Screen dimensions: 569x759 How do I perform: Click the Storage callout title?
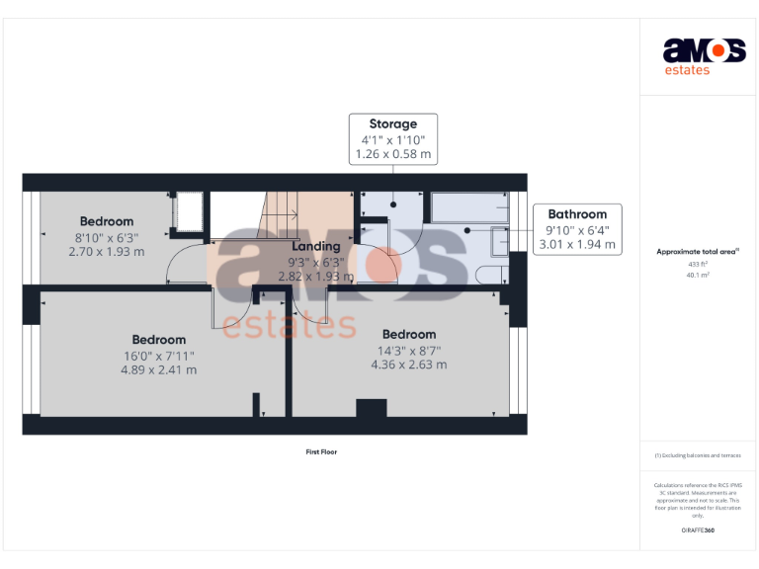tap(393, 123)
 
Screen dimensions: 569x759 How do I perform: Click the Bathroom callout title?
tap(577, 213)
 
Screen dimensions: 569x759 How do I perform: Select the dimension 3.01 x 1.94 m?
tap(577, 244)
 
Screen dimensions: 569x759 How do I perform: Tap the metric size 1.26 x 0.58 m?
tap(393, 154)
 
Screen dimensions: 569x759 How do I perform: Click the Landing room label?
tap(316, 246)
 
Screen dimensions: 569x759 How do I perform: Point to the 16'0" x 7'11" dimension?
tap(158, 356)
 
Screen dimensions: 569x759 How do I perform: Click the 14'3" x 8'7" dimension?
tap(409, 350)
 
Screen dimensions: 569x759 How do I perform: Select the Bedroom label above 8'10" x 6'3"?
tap(107, 221)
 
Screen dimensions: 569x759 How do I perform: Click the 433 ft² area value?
tap(698, 265)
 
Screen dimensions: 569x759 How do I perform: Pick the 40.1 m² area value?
tap(698, 276)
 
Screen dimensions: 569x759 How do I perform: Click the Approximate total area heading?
tap(697, 252)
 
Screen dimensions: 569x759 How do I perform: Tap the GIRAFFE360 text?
tap(698, 530)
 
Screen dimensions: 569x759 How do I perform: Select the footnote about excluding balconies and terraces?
tap(698, 455)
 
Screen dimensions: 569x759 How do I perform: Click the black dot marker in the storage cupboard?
tap(393, 203)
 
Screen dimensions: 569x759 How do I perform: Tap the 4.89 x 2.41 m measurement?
tap(158, 370)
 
